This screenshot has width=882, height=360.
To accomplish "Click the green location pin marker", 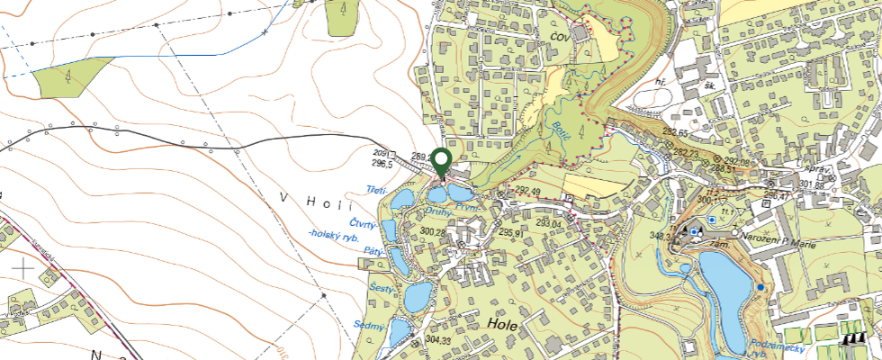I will tap(441, 163).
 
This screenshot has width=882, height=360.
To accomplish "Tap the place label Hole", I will tap(501, 325).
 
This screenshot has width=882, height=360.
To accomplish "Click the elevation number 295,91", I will tap(510, 231).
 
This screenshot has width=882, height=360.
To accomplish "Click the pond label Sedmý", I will tap(369, 325).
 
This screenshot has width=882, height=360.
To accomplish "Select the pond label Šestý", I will tap(382, 287).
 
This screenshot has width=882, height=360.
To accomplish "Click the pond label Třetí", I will tap(377, 190).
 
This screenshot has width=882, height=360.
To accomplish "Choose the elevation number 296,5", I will tap(382, 165).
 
